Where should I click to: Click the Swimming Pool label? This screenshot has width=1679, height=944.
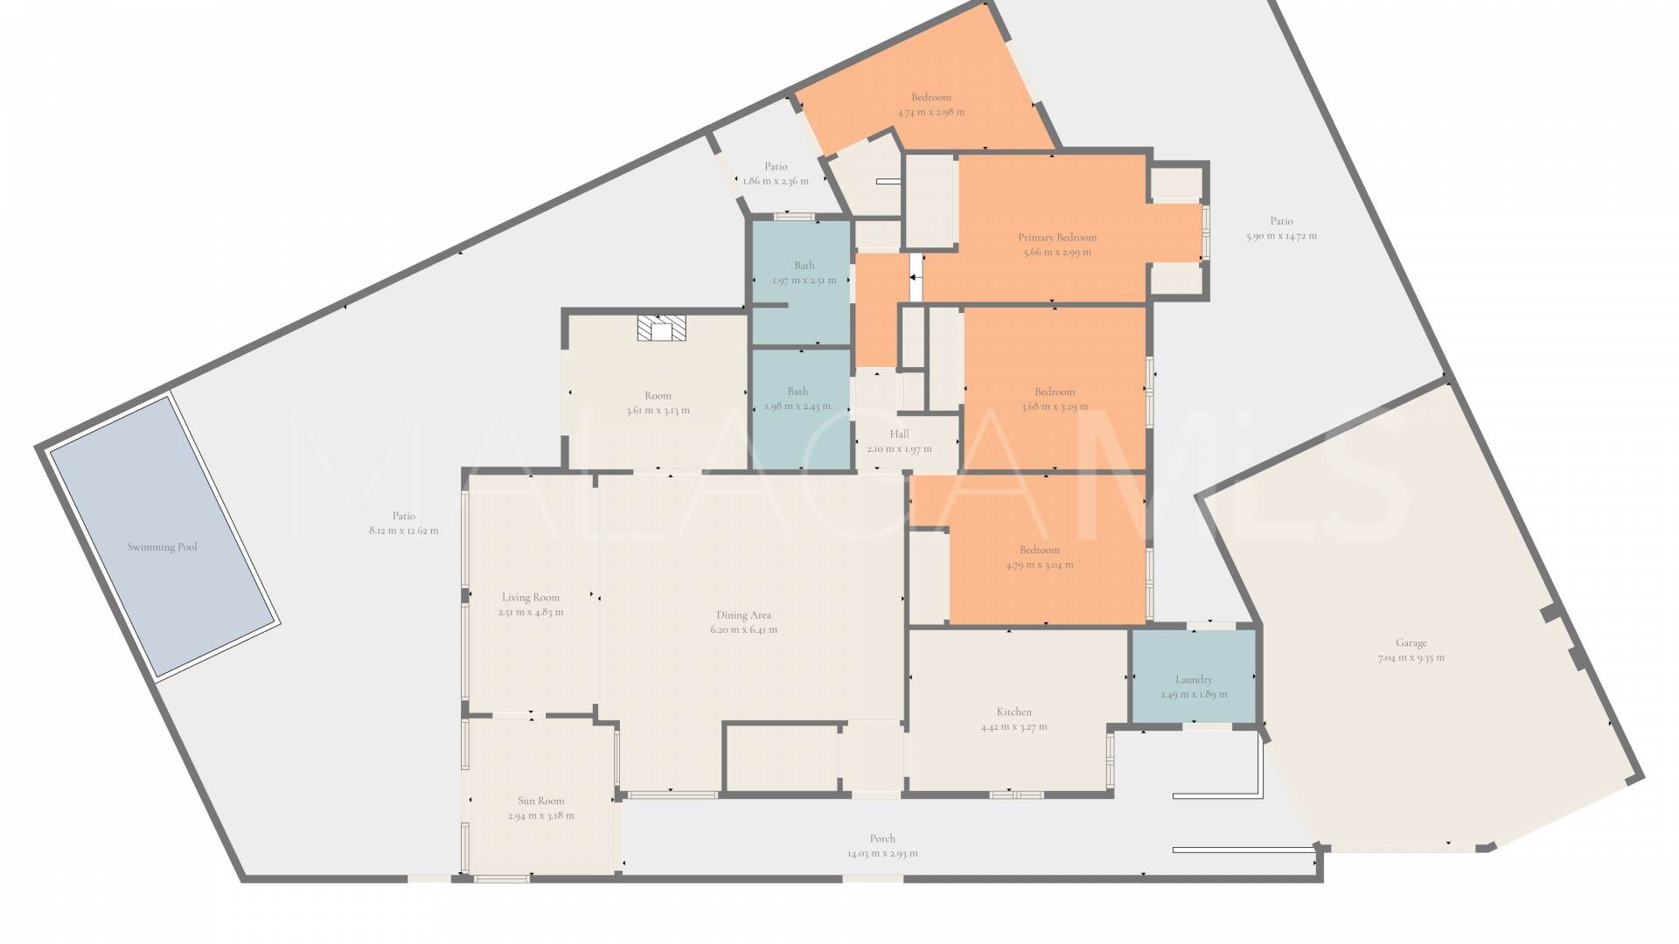coord(162,547)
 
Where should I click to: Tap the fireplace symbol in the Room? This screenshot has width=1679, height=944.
coord(661,329)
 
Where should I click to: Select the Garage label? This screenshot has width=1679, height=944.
coord(1411,642)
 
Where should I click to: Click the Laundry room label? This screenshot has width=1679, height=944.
coord(1194,679)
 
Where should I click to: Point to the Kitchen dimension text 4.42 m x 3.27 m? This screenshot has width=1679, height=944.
coord(1014,727)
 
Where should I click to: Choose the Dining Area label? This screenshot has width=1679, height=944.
coord(743,615)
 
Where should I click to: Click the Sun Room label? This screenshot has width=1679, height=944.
coord(540,801)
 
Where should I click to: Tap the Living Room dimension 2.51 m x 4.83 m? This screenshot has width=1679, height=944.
coord(531,612)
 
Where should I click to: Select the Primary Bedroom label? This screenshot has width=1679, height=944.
coord(1057,237)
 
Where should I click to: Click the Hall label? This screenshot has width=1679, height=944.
coord(899,434)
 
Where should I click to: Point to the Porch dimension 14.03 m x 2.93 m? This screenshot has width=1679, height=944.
coord(882,853)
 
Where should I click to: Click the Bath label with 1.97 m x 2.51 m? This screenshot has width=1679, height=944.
coord(805,266)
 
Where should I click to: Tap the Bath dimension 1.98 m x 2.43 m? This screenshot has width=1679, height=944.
coord(798,406)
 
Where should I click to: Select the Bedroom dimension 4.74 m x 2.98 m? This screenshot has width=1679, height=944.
coord(931,112)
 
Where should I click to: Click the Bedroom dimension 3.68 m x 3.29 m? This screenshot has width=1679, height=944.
coord(1055,406)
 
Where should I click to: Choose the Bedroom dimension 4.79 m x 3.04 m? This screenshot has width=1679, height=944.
coord(1040,565)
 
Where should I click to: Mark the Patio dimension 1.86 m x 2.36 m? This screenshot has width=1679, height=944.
coord(776,181)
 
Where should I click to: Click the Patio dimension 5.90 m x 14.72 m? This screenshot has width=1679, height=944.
coord(1281,236)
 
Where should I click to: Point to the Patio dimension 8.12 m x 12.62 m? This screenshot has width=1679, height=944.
coord(404,531)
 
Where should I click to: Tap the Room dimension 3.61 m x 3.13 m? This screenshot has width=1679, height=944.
coord(658,410)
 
